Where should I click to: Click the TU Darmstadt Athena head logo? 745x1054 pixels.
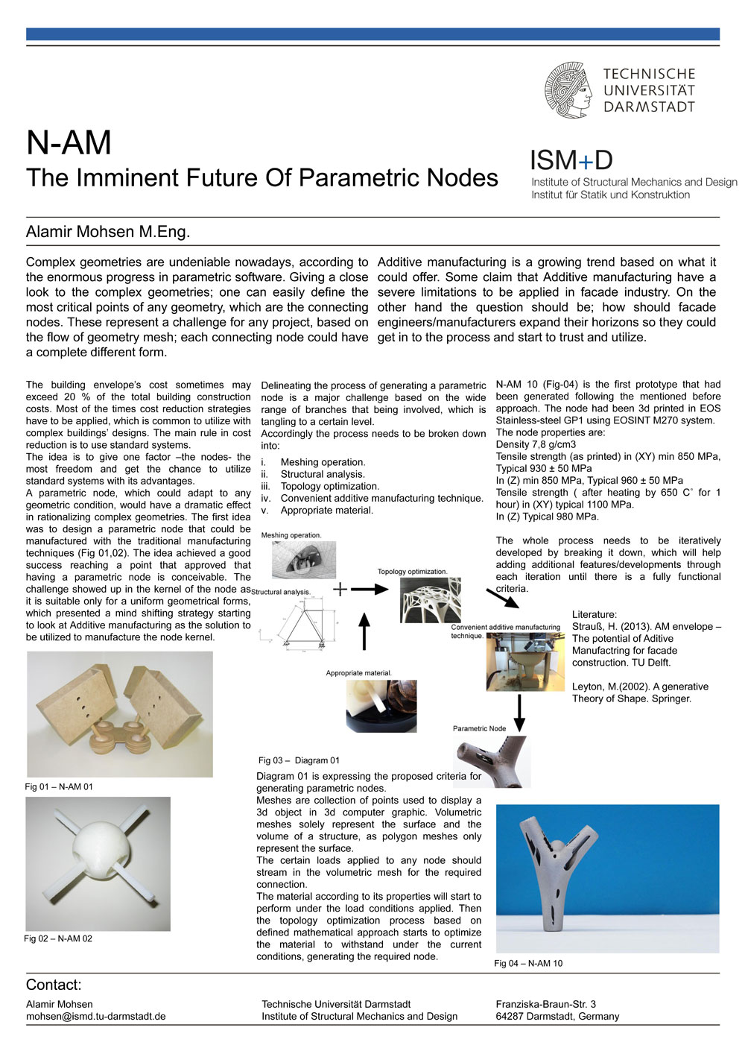[x=568, y=90]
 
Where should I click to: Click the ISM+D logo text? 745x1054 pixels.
[x=571, y=160]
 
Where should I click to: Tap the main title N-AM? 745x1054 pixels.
[x=69, y=142]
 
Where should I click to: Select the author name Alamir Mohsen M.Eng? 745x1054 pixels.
[x=108, y=232]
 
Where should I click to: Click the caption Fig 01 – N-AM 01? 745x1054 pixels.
[x=59, y=786]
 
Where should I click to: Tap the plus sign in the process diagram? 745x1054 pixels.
[x=340, y=589]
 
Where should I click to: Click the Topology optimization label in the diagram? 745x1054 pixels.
[x=412, y=572]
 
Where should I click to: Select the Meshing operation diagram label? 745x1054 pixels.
[x=291, y=535]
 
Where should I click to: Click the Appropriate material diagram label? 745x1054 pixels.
[x=358, y=673]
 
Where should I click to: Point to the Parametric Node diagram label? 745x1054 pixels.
[x=479, y=728]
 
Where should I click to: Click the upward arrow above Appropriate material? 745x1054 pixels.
[x=364, y=631]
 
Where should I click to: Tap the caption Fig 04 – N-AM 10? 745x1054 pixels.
[x=528, y=963]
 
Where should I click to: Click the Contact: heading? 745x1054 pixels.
[x=54, y=985]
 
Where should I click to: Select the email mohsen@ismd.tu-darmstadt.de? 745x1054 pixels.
[x=95, y=1016]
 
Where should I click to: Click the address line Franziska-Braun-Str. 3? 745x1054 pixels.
[x=545, y=1004]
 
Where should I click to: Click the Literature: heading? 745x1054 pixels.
[x=595, y=614]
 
